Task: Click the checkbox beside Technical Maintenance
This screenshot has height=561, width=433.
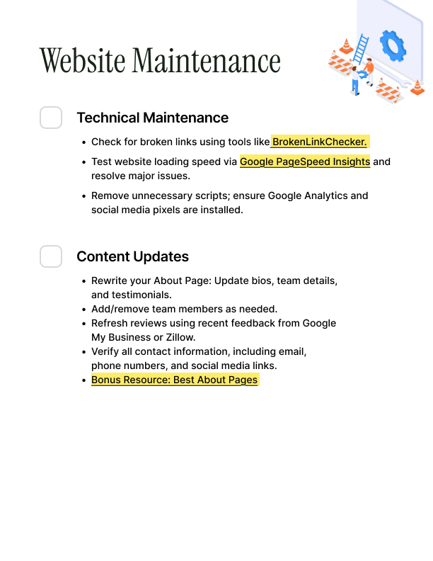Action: [x=51, y=118]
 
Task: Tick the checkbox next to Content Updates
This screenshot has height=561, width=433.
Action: [x=51, y=256]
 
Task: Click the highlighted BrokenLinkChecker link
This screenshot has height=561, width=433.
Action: [x=320, y=142]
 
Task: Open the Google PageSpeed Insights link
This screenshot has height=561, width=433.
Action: [x=305, y=161]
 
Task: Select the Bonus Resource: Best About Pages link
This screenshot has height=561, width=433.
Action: [x=175, y=380]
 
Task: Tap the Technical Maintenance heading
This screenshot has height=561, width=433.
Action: [x=152, y=118]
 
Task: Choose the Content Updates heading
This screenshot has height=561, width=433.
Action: [x=132, y=256]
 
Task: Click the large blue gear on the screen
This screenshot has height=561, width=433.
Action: [x=393, y=45]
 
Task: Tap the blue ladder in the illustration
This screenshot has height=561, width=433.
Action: [x=361, y=51]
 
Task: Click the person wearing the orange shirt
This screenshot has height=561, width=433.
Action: [x=367, y=69]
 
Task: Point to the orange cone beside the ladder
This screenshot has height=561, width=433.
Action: [x=346, y=47]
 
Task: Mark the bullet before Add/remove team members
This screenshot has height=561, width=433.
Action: [x=84, y=310]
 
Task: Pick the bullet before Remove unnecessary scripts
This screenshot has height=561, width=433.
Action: [x=84, y=196]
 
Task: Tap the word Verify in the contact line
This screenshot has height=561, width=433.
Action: [x=105, y=351]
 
